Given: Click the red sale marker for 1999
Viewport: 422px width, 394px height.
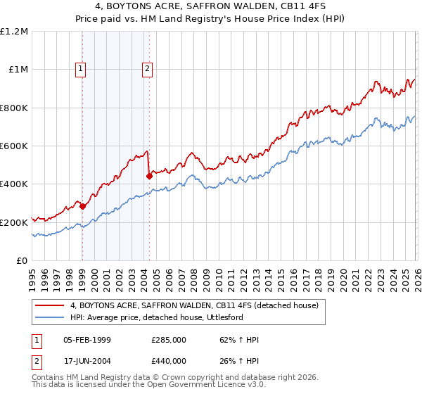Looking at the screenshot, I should pyautogui.click(x=83, y=206).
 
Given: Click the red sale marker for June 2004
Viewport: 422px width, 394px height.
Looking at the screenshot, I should pyautogui.click(x=149, y=177).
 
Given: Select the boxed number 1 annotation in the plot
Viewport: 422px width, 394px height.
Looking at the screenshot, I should pyautogui.click(x=82, y=69).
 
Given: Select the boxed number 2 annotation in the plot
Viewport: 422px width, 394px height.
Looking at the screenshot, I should pyautogui.click(x=148, y=69).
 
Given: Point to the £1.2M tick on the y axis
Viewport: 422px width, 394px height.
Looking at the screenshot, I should pyautogui.click(x=14, y=32).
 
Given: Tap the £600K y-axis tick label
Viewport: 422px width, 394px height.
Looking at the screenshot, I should pyautogui.click(x=14, y=146).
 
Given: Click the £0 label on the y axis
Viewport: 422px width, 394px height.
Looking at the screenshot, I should pyautogui.click(x=21, y=260).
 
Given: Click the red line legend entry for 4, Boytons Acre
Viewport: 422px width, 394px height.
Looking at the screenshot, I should pyautogui.click(x=194, y=305).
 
